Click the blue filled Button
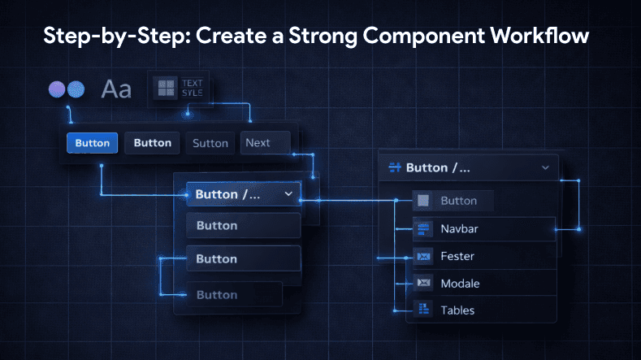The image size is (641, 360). (93, 143)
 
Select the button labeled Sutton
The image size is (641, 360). (210, 143)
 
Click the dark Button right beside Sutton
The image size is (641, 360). (153, 143)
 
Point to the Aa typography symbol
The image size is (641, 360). (116, 89)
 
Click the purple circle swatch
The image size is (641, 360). (57, 89)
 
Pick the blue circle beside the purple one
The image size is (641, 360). (76, 89)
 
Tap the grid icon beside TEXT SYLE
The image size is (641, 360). (167, 88)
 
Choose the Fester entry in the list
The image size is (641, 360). (457, 257)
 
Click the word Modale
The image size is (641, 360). (460, 284)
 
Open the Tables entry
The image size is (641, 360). (457, 310)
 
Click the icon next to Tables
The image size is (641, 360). (422, 310)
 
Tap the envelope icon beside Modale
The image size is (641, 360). (422, 284)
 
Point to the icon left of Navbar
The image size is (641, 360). (422, 229)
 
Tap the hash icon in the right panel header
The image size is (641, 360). (396, 167)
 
